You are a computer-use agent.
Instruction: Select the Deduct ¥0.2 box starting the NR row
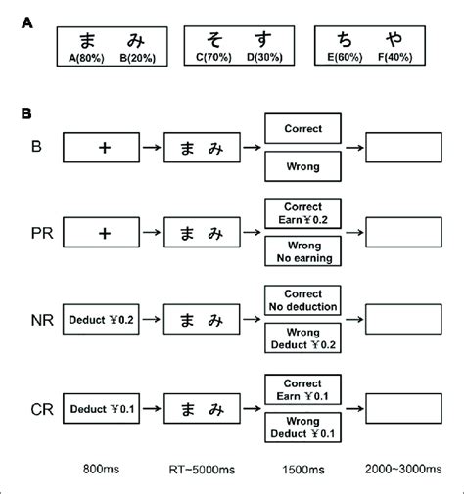[101, 320]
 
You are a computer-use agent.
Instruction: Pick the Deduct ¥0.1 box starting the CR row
[101, 405]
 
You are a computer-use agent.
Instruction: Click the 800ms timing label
[101, 472]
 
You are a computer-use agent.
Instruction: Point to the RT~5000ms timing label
[201, 472]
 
